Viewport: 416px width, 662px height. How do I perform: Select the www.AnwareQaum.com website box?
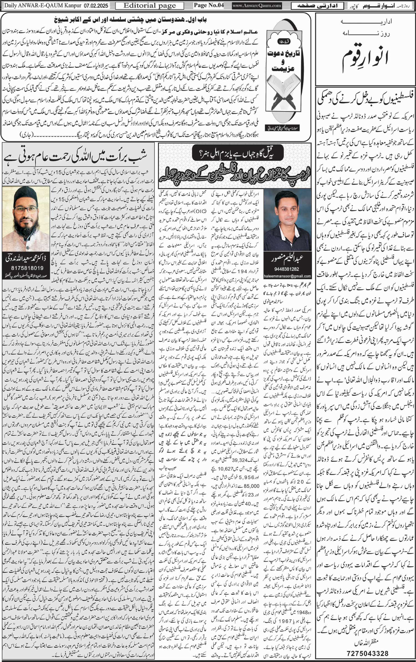(257, 6)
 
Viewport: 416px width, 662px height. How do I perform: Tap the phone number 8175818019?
(26, 268)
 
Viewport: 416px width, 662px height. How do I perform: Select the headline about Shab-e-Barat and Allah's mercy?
(78, 157)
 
